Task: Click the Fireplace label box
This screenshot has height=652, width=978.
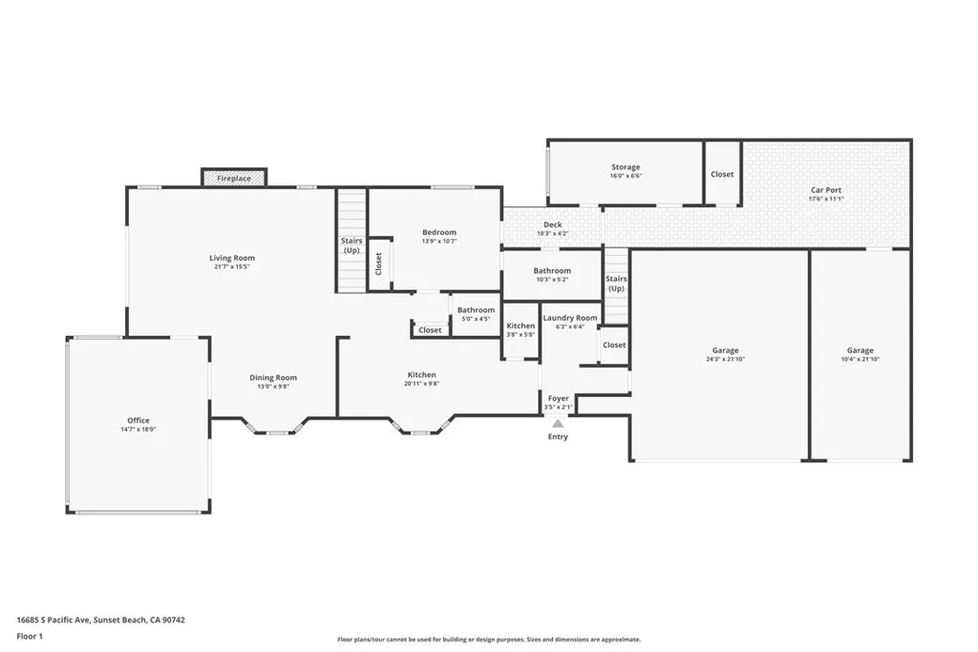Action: (x=234, y=178)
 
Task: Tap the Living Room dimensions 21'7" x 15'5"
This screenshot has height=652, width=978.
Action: (x=231, y=266)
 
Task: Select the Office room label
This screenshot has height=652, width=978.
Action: (x=138, y=420)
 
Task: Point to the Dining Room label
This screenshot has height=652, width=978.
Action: (x=273, y=377)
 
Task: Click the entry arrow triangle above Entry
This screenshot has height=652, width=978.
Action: (x=558, y=423)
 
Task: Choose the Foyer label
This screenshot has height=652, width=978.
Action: (x=558, y=398)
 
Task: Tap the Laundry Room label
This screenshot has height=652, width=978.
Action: (x=570, y=318)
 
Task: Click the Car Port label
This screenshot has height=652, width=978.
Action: (x=826, y=190)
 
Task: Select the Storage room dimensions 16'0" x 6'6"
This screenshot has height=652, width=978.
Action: (x=626, y=176)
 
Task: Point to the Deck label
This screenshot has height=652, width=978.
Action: (x=553, y=224)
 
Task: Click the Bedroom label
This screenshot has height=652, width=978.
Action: (x=439, y=232)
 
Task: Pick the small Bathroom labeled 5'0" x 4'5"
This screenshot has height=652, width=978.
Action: (x=476, y=310)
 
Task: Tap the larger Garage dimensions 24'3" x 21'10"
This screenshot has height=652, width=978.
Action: (x=726, y=359)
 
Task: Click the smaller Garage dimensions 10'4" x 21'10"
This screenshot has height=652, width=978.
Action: (x=861, y=359)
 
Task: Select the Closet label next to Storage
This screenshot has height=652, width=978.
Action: (x=722, y=175)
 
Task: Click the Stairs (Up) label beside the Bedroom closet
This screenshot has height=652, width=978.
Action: (x=351, y=245)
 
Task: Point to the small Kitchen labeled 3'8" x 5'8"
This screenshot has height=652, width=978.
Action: (x=521, y=326)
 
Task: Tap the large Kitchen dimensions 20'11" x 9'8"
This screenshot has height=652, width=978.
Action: (x=421, y=384)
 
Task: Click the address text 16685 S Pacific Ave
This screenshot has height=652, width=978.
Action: (x=53, y=620)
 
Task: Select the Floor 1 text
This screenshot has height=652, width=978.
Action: (x=30, y=637)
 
